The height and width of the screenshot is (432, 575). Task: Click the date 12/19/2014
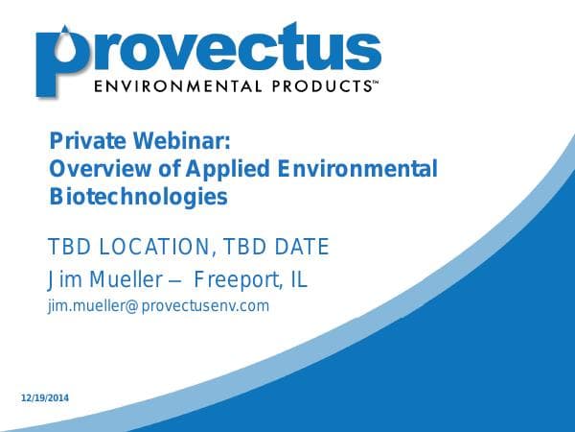(x=45, y=398)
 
